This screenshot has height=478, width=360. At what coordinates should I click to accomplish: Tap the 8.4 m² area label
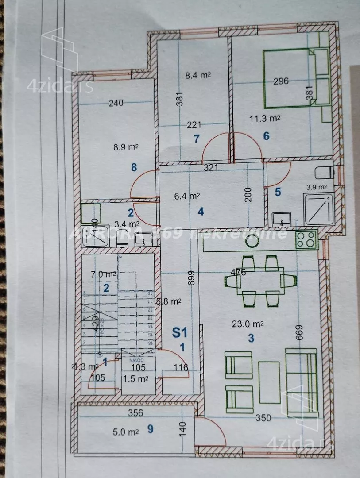[197, 75]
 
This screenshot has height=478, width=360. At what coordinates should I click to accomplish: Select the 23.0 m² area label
[248, 324]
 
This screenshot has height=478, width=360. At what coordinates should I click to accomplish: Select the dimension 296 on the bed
[281, 81]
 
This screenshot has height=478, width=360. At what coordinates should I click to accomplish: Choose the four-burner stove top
[306, 239]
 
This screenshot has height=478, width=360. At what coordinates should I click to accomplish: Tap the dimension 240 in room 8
[116, 104]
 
